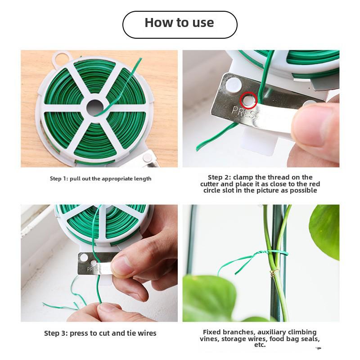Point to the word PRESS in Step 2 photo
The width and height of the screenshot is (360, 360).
click(243, 112)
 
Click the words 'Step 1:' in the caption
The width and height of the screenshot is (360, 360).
click(59, 179)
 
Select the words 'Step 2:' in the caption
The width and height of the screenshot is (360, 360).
click(220, 177)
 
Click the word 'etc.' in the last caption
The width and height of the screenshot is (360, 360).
click(260, 345)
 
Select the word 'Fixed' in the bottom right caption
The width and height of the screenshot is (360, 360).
click(212, 332)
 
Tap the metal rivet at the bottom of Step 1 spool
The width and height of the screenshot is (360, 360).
click(147, 158)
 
